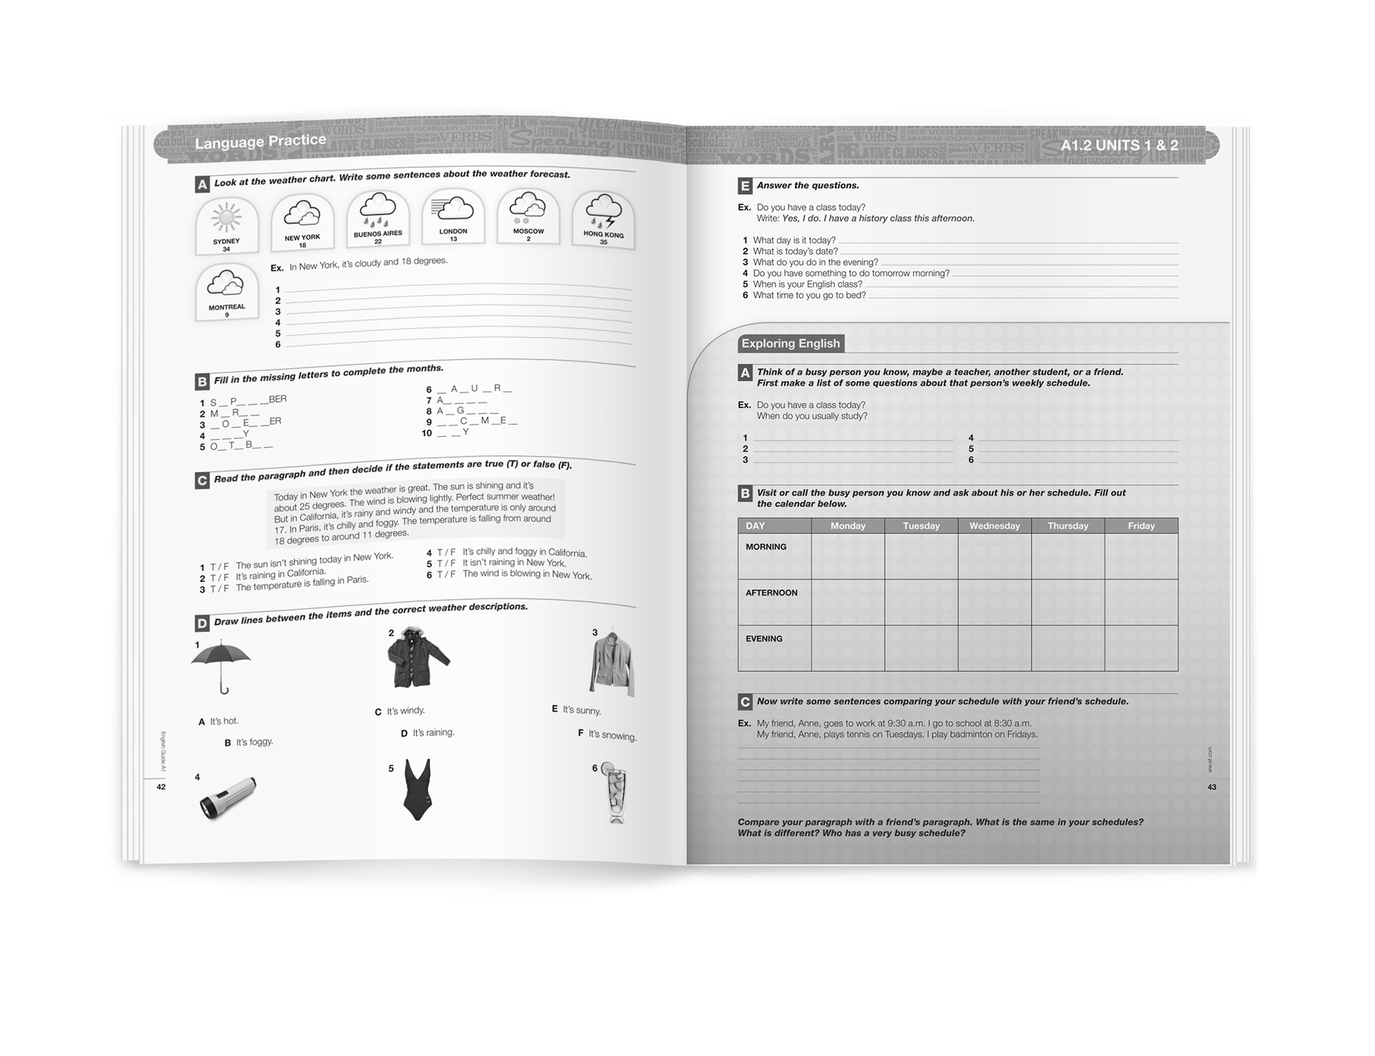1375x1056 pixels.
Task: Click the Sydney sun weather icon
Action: tap(226, 217)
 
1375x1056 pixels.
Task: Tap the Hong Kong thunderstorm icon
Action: tap(603, 211)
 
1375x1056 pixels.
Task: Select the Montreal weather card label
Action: tap(226, 307)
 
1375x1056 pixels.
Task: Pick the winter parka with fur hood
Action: tap(418, 658)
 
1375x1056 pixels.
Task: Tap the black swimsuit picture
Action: tap(417, 789)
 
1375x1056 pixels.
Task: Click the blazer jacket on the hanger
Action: tap(613, 663)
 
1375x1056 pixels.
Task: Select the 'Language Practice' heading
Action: tap(260, 141)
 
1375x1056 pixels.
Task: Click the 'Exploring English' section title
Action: tap(790, 344)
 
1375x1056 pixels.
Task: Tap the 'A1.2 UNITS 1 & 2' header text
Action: tap(1119, 145)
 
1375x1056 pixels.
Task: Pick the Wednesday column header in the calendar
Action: tap(994, 526)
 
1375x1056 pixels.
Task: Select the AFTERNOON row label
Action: tap(771, 593)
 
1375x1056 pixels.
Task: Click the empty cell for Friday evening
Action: tap(1141, 648)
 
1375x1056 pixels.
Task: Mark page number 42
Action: tap(161, 787)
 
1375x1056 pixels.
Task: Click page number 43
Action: tap(1212, 787)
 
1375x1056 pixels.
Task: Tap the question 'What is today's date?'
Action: tap(795, 251)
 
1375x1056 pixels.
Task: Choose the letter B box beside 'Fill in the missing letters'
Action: tap(202, 381)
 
